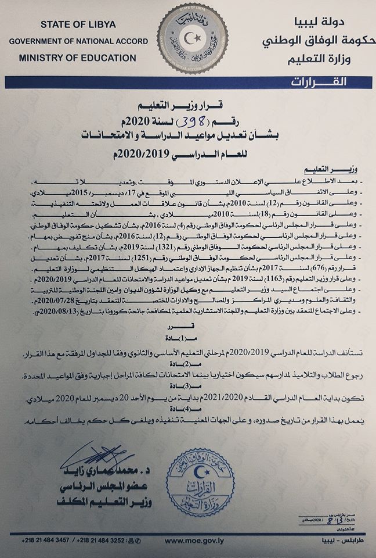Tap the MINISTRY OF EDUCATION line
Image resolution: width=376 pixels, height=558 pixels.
pos(77,58)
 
